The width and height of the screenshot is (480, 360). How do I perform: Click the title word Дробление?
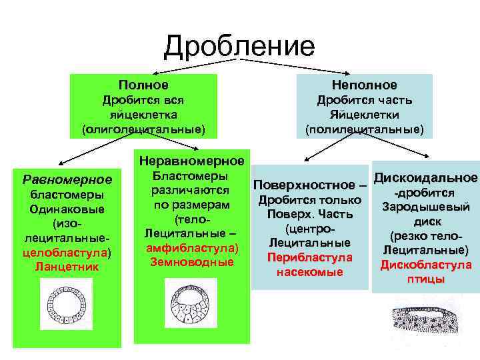(x=239, y=46)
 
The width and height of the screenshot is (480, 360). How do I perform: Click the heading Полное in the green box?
(x=143, y=85)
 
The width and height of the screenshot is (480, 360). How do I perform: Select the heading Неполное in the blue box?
(x=364, y=85)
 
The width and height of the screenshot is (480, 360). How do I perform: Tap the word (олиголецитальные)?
(x=143, y=127)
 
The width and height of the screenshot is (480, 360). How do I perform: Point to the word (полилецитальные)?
(x=364, y=127)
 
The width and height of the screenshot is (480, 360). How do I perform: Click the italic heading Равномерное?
(x=67, y=180)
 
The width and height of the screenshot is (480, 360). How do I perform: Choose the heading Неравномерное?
(x=191, y=161)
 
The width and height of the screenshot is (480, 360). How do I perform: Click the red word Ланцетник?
(x=67, y=267)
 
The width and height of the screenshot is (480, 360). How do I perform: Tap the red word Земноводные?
(x=191, y=262)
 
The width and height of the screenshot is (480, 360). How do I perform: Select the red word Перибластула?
(x=309, y=257)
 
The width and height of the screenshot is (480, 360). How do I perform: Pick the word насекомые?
(x=309, y=271)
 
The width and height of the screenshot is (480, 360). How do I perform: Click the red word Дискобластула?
(x=425, y=265)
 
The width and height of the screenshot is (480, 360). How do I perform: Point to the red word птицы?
(x=425, y=279)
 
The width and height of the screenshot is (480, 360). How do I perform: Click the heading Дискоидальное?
(x=425, y=178)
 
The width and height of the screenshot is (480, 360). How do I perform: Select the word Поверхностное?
(x=303, y=184)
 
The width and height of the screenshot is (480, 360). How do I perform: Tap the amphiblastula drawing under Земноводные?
(x=191, y=305)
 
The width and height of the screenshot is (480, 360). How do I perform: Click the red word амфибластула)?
(x=191, y=247)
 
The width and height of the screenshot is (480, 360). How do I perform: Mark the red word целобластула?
(x=64, y=253)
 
